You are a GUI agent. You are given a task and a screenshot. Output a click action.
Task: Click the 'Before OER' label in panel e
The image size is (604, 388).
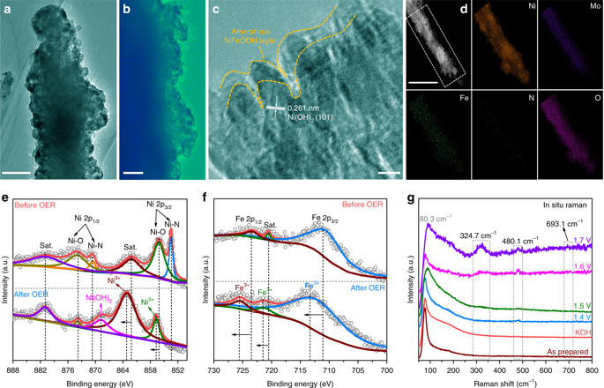pos(34,209)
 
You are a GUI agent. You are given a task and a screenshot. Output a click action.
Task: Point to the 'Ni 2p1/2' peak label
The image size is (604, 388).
pos(89,217)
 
